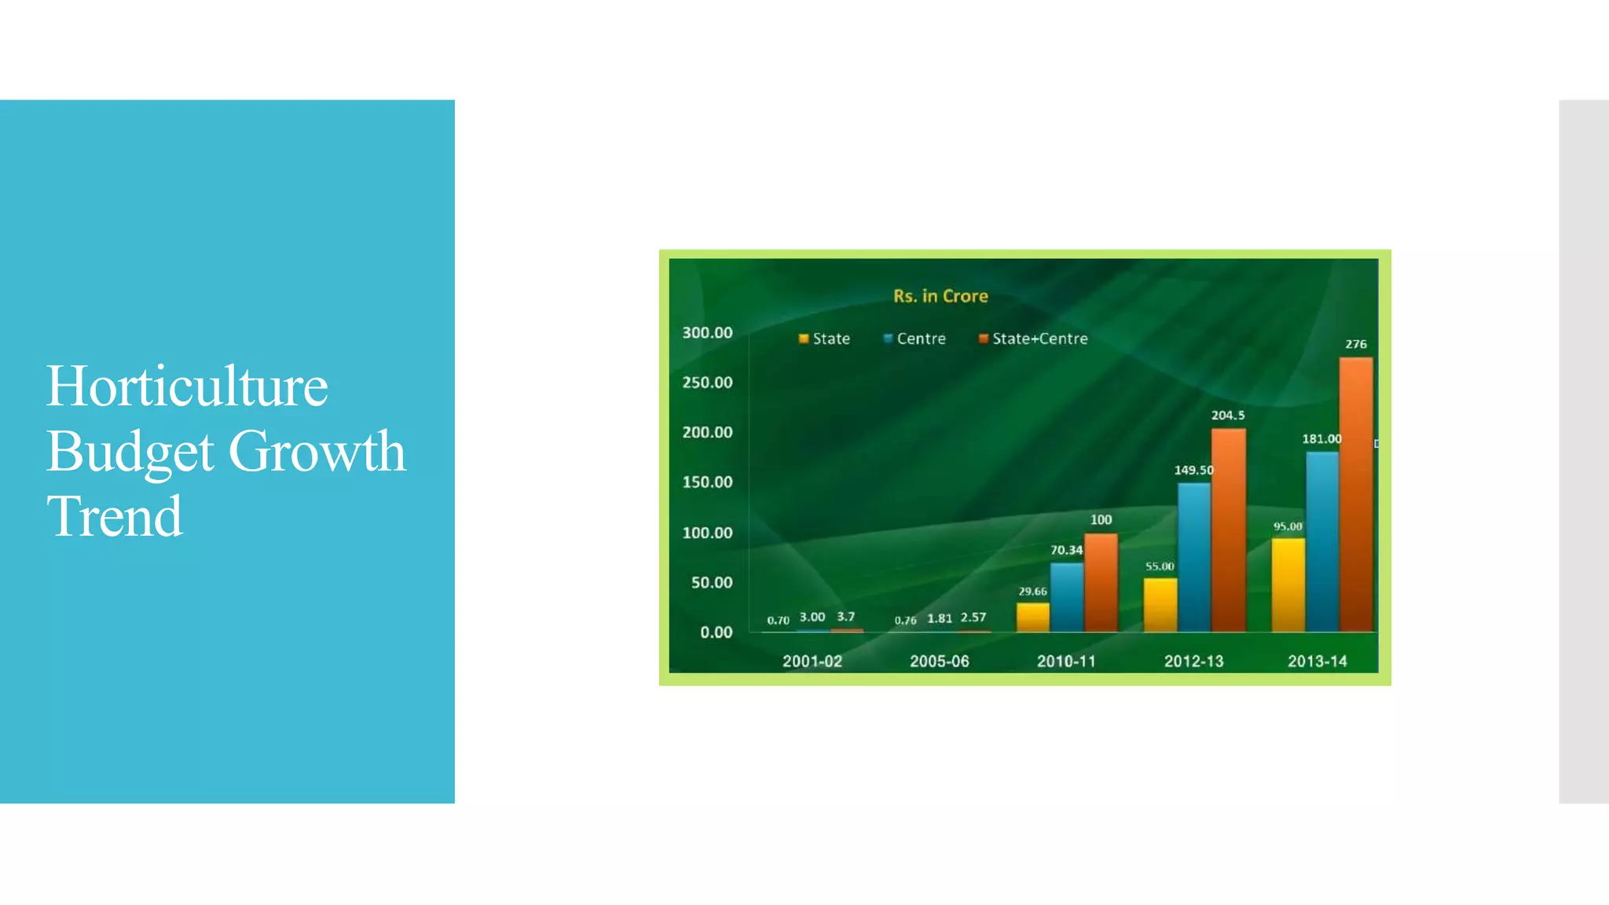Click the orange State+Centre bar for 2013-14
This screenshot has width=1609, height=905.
(x=1356, y=495)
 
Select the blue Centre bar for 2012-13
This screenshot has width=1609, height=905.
(x=1193, y=558)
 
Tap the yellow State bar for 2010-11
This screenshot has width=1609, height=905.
(x=1032, y=617)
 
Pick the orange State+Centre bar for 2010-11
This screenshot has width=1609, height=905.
(x=1101, y=583)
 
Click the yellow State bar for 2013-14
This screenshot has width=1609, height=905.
(x=1288, y=585)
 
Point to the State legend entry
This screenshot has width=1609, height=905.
(x=824, y=339)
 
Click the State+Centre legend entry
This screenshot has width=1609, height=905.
(x=1033, y=339)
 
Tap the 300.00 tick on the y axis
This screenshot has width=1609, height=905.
(x=707, y=332)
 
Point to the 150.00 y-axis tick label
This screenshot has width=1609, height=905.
(x=707, y=482)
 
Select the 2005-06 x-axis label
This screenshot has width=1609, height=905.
(x=939, y=661)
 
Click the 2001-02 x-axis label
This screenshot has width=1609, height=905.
(x=812, y=661)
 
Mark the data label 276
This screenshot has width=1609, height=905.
(x=1355, y=344)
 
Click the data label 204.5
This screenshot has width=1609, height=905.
(x=1227, y=415)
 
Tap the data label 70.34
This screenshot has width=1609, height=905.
(x=1066, y=550)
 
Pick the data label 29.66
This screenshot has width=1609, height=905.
(x=1032, y=592)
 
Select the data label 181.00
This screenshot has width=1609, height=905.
(x=1321, y=438)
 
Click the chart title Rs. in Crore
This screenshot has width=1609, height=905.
(x=940, y=296)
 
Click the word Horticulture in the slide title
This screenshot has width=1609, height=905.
(x=187, y=387)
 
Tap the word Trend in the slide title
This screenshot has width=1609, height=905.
(x=115, y=517)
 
